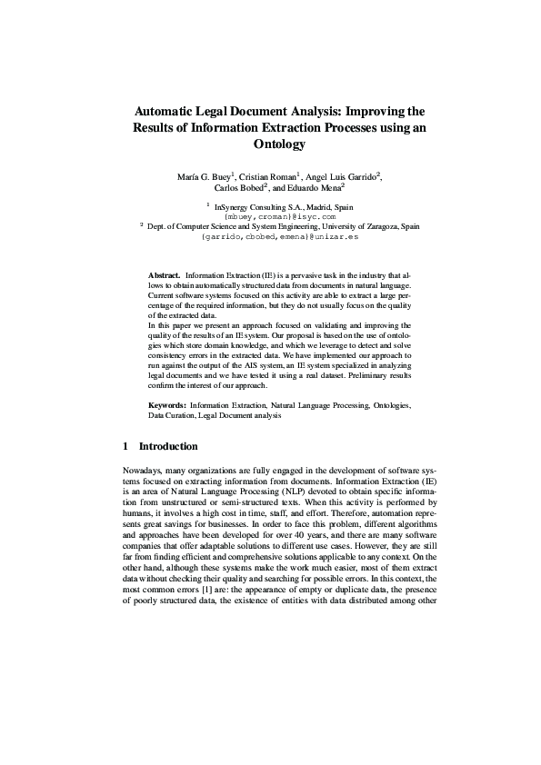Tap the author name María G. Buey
tap(206, 175)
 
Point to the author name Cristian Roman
tap(272, 175)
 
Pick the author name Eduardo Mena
tap(316, 188)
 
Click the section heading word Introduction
tap(167, 447)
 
